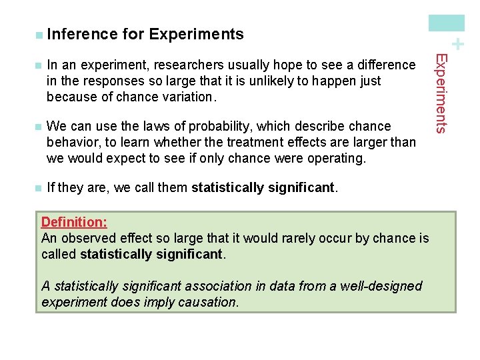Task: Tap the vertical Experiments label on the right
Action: click(x=440, y=93)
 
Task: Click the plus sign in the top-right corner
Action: click(x=457, y=45)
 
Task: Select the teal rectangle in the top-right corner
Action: click(x=447, y=23)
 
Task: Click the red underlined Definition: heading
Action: click(x=74, y=222)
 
